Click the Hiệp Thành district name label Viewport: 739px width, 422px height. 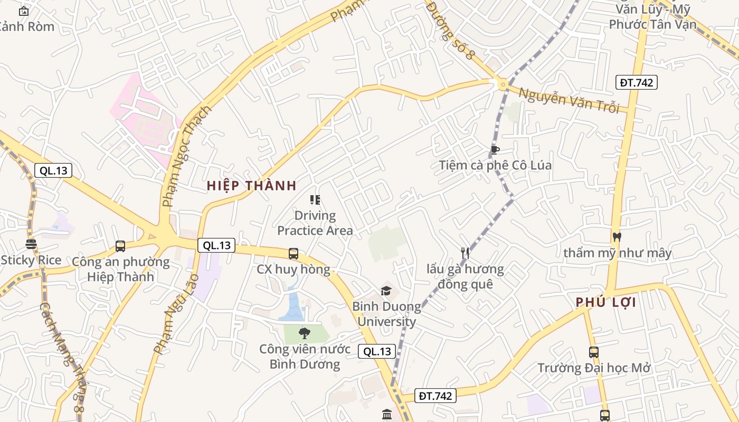point(251,186)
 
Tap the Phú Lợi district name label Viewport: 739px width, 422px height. point(605,302)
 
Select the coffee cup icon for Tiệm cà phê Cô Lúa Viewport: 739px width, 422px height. point(495,150)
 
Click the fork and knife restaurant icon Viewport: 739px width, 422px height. point(465,253)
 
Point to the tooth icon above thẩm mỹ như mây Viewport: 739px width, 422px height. point(617,237)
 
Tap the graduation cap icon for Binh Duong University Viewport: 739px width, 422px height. point(386,291)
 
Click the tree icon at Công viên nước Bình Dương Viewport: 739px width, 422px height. point(304,333)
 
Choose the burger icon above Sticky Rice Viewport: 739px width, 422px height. point(31,244)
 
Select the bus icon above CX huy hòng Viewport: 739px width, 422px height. point(293,254)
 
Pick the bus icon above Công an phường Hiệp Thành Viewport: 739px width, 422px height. point(120,246)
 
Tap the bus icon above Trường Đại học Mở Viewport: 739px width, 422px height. point(594,352)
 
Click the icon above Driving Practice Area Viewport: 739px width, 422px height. point(315,199)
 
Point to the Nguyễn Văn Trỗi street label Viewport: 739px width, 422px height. point(569,100)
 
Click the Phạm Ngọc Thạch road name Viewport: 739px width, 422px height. point(186,156)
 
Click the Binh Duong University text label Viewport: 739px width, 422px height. point(386,314)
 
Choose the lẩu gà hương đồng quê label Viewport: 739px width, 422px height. point(465,276)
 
